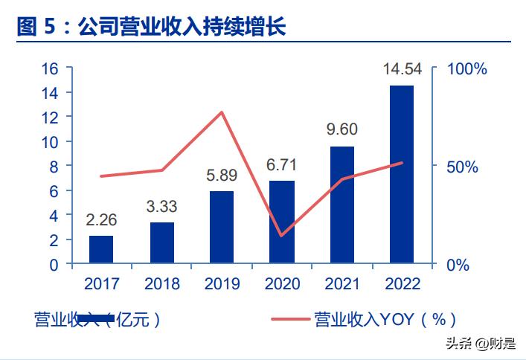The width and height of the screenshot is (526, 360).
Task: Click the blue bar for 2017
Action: coord(101,249)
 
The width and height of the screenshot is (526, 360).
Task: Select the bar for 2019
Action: coord(222,227)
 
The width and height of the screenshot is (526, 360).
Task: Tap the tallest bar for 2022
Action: coord(402,175)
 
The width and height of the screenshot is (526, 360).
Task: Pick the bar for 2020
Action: coord(282,222)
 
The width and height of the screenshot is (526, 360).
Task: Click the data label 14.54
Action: coord(402,70)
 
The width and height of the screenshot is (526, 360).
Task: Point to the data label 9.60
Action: coord(341,129)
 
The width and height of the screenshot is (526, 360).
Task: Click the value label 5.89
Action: coord(222,176)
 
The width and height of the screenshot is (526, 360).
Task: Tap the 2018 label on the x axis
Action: coord(161,283)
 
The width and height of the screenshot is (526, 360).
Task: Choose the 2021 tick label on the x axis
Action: coord(341,283)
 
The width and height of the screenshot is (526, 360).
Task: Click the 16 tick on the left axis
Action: coord(50,68)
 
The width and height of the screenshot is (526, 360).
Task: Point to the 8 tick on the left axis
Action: coord(54,167)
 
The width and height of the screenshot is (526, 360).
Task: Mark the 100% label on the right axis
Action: coord(466,68)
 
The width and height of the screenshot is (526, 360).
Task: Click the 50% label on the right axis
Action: coord(462,167)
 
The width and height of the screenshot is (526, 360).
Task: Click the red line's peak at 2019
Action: coord(222,112)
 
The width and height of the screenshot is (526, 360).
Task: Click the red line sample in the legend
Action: coord(289,320)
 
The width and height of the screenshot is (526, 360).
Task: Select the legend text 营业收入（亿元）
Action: coord(97,320)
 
